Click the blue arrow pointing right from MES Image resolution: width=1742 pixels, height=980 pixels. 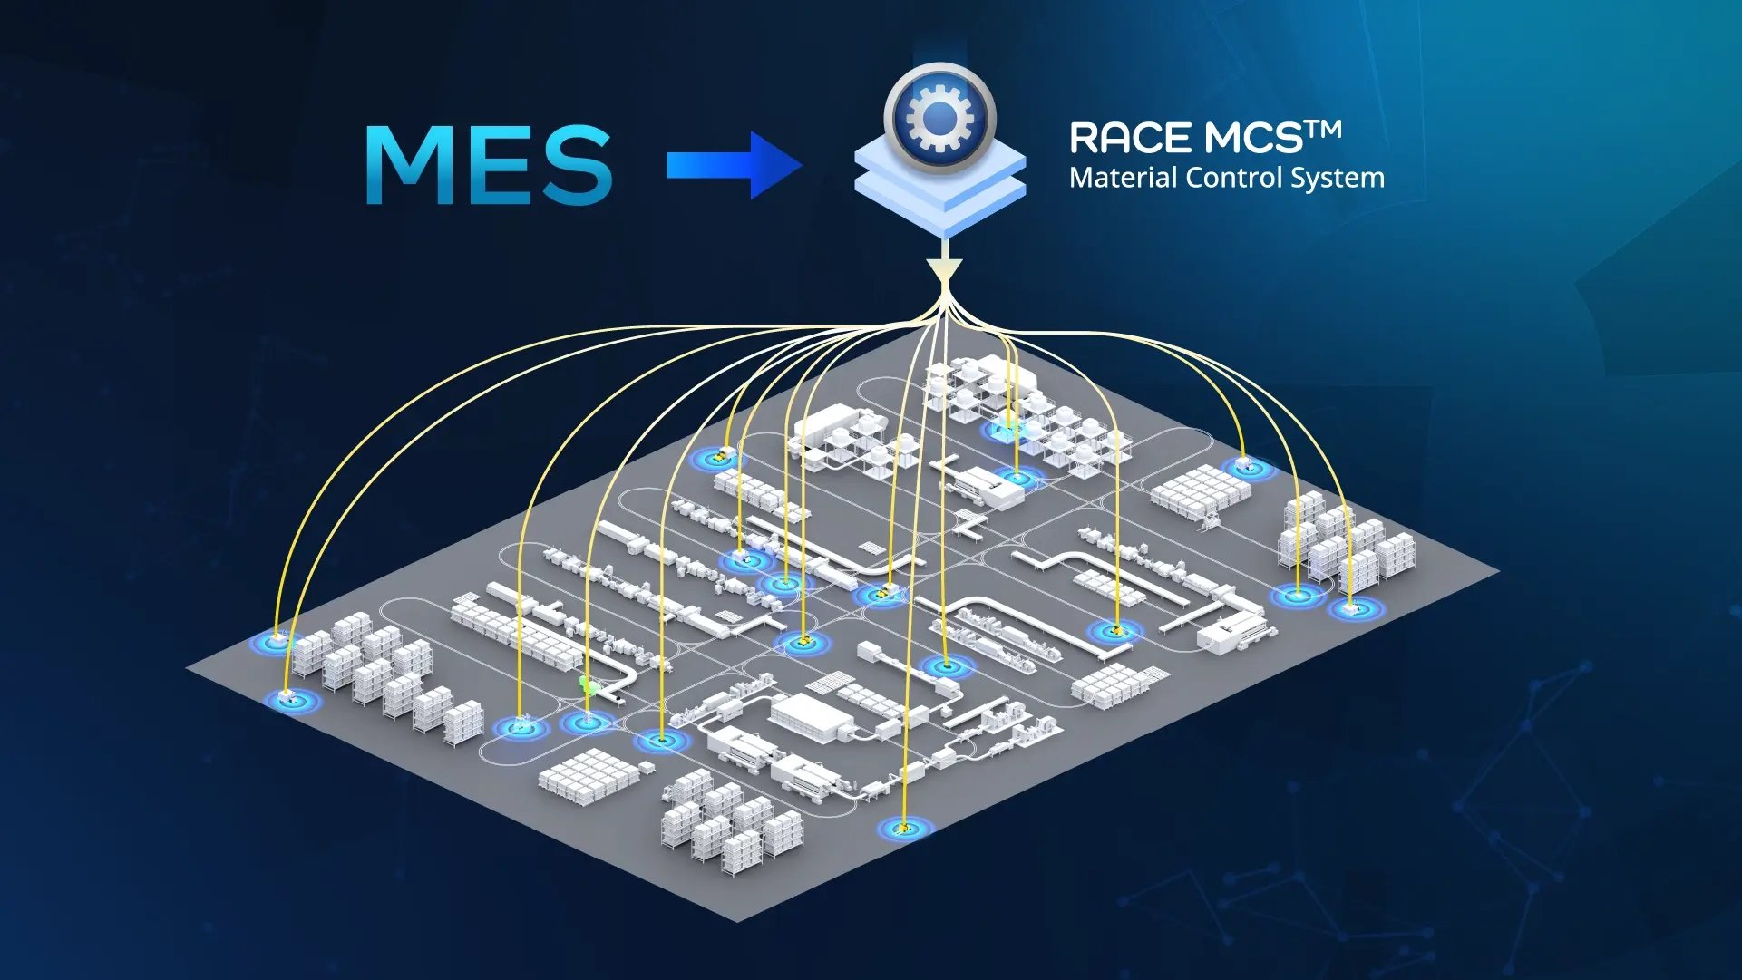click(733, 165)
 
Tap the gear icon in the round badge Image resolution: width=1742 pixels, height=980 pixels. click(939, 118)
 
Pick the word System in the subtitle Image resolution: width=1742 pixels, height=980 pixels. click(1338, 179)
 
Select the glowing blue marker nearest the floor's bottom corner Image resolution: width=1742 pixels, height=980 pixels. click(904, 828)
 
